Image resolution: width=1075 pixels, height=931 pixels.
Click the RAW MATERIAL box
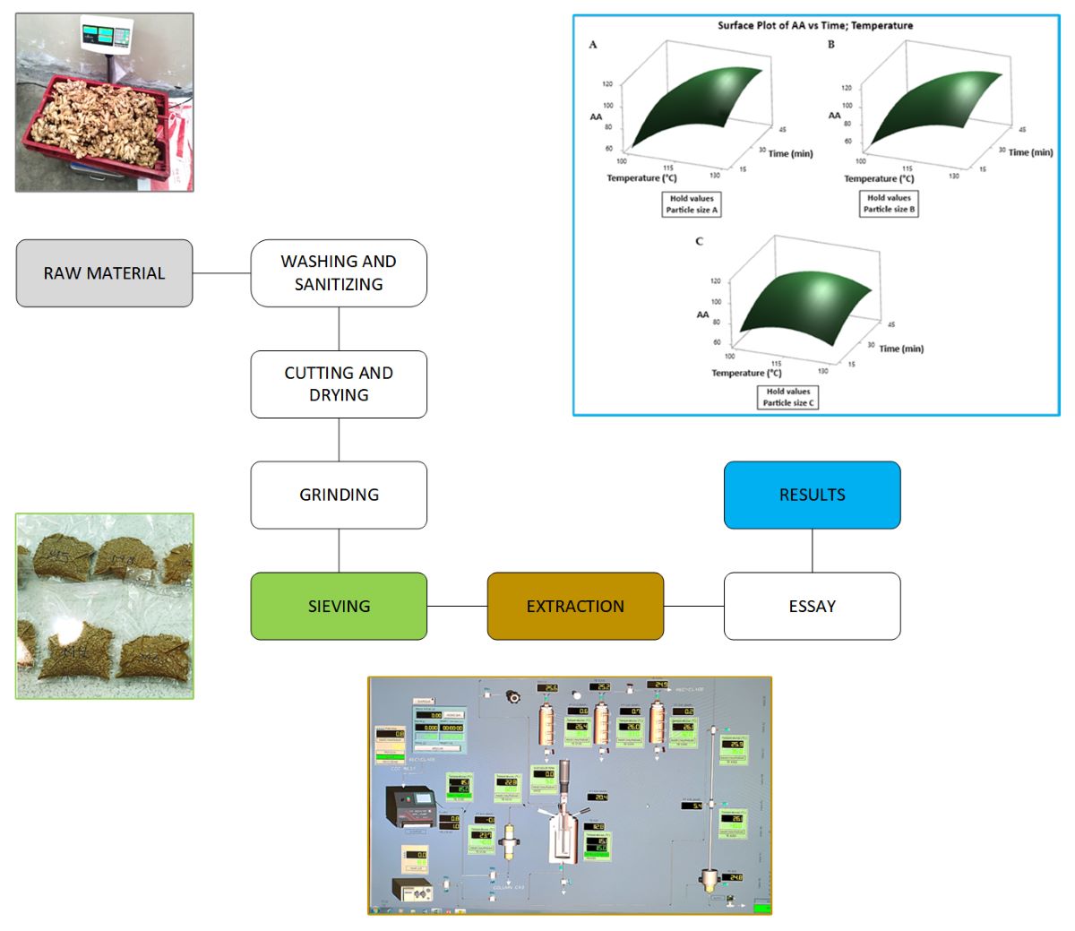pyautogui.click(x=104, y=273)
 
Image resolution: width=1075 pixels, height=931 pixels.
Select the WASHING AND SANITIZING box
pyautogui.click(x=339, y=273)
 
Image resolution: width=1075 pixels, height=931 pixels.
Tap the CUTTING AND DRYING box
pyautogui.click(x=339, y=384)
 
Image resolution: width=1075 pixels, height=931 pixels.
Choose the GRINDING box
pyautogui.click(x=339, y=495)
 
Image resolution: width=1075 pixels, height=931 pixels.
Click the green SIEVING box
pyautogui.click(x=339, y=606)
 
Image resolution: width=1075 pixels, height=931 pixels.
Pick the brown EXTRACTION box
pyautogui.click(x=575, y=606)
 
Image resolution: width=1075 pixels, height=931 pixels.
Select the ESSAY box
pyautogui.click(x=812, y=606)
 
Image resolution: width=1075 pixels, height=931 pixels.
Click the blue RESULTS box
pyautogui.click(x=812, y=495)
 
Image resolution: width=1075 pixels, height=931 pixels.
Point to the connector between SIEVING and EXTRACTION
pyautogui.click(x=457, y=606)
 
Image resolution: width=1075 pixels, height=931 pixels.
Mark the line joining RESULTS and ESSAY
pyautogui.click(x=812, y=550)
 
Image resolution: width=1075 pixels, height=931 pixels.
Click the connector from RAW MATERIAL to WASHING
pyautogui.click(x=221, y=273)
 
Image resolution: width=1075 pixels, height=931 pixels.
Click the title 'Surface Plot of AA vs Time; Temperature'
pyautogui.click(x=815, y=25)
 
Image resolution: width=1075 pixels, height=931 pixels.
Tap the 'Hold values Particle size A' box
pyautogui.click(x=692, y=204)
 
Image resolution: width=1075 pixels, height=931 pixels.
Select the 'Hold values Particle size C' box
pyautogui.click(x=788, y=397)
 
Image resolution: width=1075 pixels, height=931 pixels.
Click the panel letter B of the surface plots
pyautogui.click(x=831, y=45)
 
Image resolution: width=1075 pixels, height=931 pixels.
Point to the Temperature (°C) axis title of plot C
pyautogui.click(x=746, y=373)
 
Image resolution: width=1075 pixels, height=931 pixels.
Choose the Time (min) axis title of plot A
pyautogui.click(x=790, y=153)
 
